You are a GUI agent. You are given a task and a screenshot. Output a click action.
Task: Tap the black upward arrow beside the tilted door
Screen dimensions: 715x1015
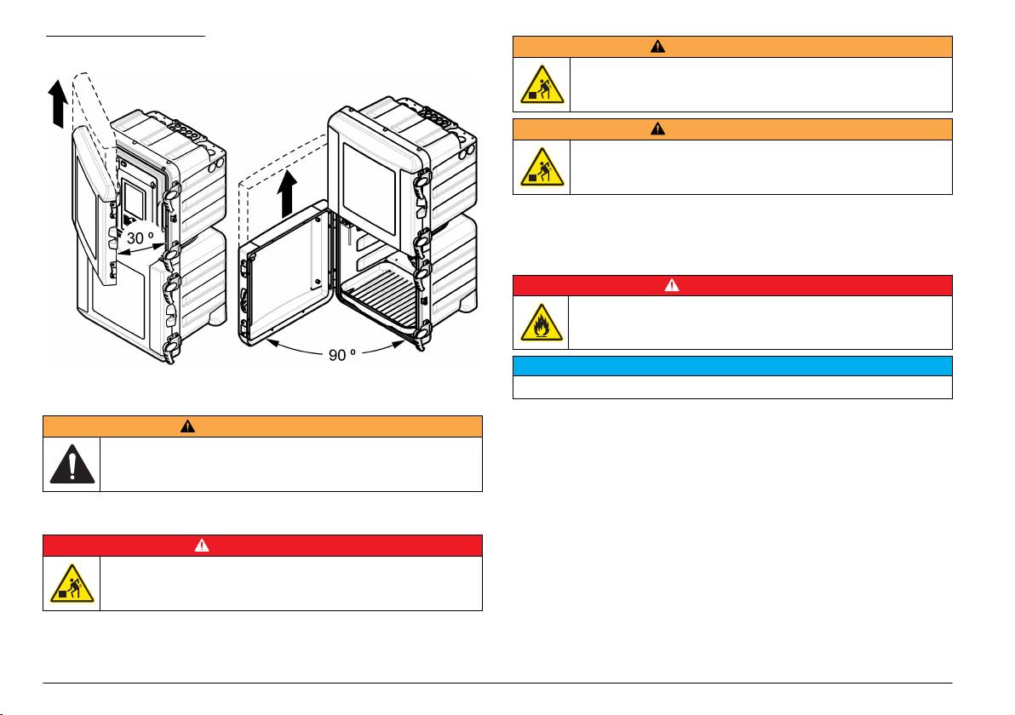(x=56, y=103)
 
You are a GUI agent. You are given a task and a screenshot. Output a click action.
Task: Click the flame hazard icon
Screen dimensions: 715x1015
(x=540, y=323)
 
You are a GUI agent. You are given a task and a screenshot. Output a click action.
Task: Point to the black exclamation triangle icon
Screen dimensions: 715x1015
(x=71, y=464)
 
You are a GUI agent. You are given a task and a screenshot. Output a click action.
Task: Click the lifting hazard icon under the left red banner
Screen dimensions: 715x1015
(x=71, y=583)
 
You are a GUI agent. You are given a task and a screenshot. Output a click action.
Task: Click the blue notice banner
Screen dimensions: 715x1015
(x=731, y=366)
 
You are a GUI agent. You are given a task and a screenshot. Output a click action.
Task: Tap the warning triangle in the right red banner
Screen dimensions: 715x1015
(x=672, y=286)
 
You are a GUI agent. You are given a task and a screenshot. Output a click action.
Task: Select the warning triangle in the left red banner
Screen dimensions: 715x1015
(x=202, y=546)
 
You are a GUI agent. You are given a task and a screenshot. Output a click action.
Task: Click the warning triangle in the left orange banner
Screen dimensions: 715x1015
(x=188, y=426)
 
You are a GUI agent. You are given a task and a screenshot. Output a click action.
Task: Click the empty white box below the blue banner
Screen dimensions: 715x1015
(x=731, y=387)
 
